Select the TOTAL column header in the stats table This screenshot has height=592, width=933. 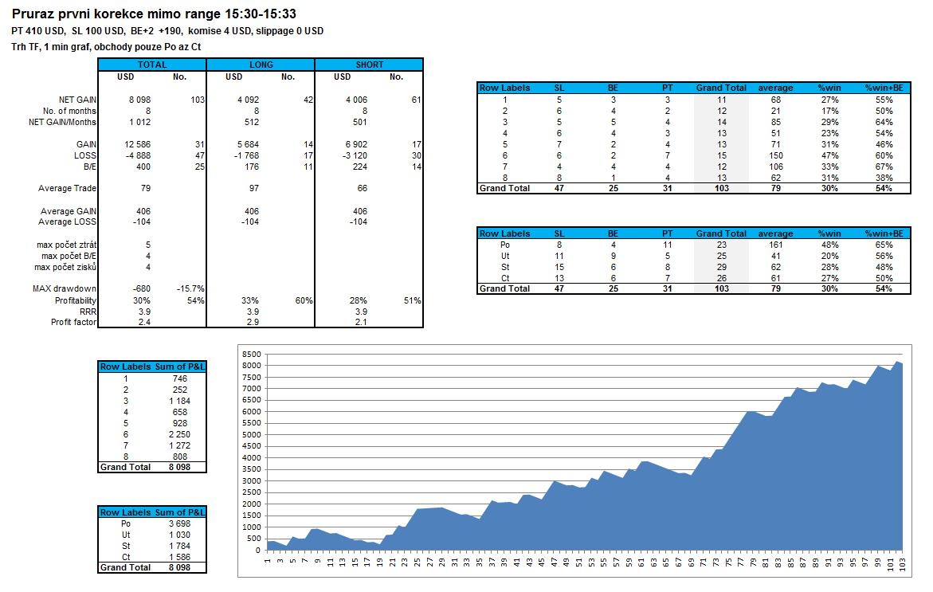click(x=152, y=65)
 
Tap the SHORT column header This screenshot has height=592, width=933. click(x=369, y=65)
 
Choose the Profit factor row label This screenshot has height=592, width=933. click(x=73, y=322)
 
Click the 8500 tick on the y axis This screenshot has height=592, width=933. click(x=251, y=354)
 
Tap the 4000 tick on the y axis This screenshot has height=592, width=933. click(x=251, y=458)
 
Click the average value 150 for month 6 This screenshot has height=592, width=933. click(x=774, y=155)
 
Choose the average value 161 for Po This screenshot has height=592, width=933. click(x=774, y=245)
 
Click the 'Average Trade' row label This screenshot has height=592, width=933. click(x=68, y=189)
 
